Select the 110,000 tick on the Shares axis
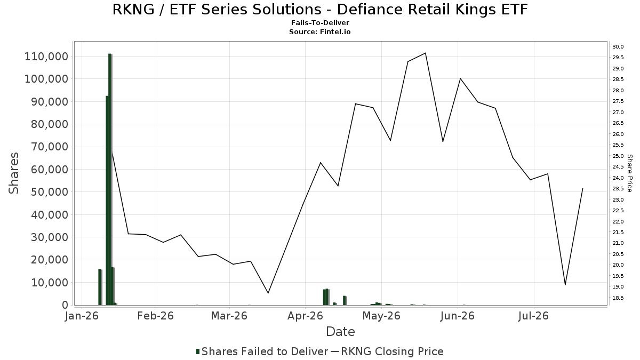point(46,57)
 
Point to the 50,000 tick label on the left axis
point(50,192)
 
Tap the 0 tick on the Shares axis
point(65,305)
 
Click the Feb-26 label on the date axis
point(155,316)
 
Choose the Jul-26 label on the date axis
point(533,316)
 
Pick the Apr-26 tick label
point(305,316)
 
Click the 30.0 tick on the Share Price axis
point(618,47)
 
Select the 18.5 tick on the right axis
point(618,298)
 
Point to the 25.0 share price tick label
point(618,156)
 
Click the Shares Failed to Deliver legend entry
point(262,351)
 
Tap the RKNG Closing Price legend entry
point(387,351)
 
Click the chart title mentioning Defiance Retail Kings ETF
point(320,10)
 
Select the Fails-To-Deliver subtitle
point(320,22)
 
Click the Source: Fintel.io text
point(320,31)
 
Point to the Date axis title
point(340,332)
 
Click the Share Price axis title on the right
point(629,173)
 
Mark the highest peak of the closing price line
point(426,53)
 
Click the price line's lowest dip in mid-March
point(268,293)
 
